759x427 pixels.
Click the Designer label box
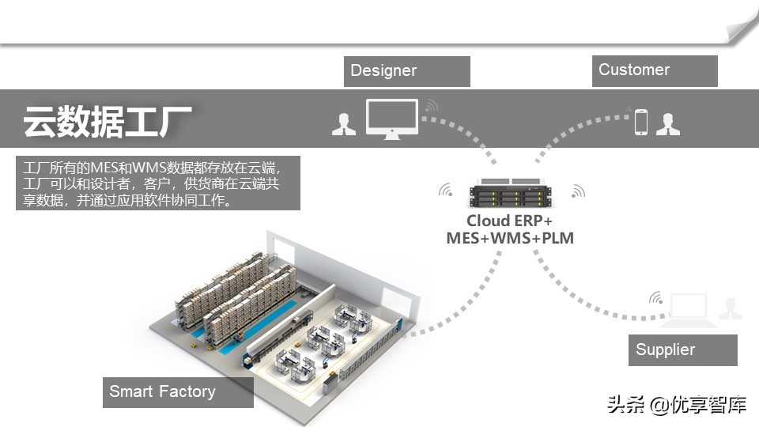point(407,71)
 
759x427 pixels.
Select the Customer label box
point(655,70)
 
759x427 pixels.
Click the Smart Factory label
point(178,392)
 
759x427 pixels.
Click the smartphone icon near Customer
point(640,122)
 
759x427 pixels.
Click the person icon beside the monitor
point(344,124)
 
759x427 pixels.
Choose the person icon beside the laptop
point(730,308)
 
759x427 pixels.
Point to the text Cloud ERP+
point(509,221)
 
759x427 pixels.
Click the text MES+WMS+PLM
point(510,238)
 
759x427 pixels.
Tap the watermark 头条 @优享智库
point(676,406)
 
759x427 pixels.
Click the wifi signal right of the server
point(577,191)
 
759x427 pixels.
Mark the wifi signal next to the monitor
point(430,105)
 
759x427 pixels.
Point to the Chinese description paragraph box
point(158,183)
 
